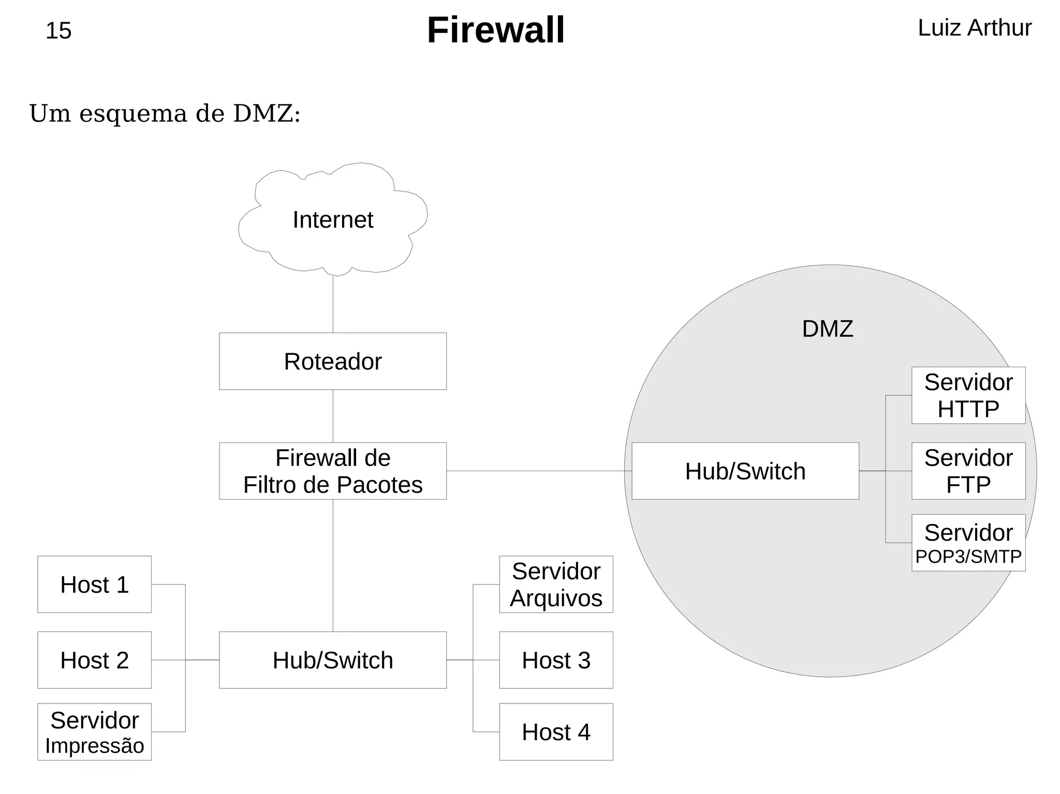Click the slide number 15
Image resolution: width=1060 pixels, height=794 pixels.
pos(58,31)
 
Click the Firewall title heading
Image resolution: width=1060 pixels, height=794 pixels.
pos(495,30)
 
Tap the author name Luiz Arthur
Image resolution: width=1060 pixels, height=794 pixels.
pos(974,28)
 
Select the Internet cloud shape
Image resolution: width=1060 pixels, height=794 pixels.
pos(333,220)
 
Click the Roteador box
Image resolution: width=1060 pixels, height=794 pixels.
pos(333,361)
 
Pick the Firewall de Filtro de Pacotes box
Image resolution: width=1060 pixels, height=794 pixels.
pos(333,471)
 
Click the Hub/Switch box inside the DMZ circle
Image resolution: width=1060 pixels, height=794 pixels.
pos(745,471)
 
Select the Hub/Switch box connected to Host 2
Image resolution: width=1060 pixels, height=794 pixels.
pos(333,660)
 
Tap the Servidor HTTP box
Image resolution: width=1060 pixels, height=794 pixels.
pos(968,395)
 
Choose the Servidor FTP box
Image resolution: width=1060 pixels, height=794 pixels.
pos(968,471)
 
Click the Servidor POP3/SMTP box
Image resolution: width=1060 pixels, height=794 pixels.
pos(968,543)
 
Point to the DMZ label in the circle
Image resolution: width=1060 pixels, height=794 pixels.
pos(827,329)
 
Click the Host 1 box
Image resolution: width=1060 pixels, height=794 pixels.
pos(94,585)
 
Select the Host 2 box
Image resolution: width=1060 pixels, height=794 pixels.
pos(94,660)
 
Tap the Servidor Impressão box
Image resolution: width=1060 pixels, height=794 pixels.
pos(94,731)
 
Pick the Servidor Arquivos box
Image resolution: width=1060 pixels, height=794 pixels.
pos(556,585)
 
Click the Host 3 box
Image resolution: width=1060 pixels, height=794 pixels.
pos(556,660)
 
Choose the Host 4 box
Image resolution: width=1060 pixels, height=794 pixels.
pos(556,731)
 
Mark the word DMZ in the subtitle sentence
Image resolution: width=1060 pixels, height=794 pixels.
pos(263,114)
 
